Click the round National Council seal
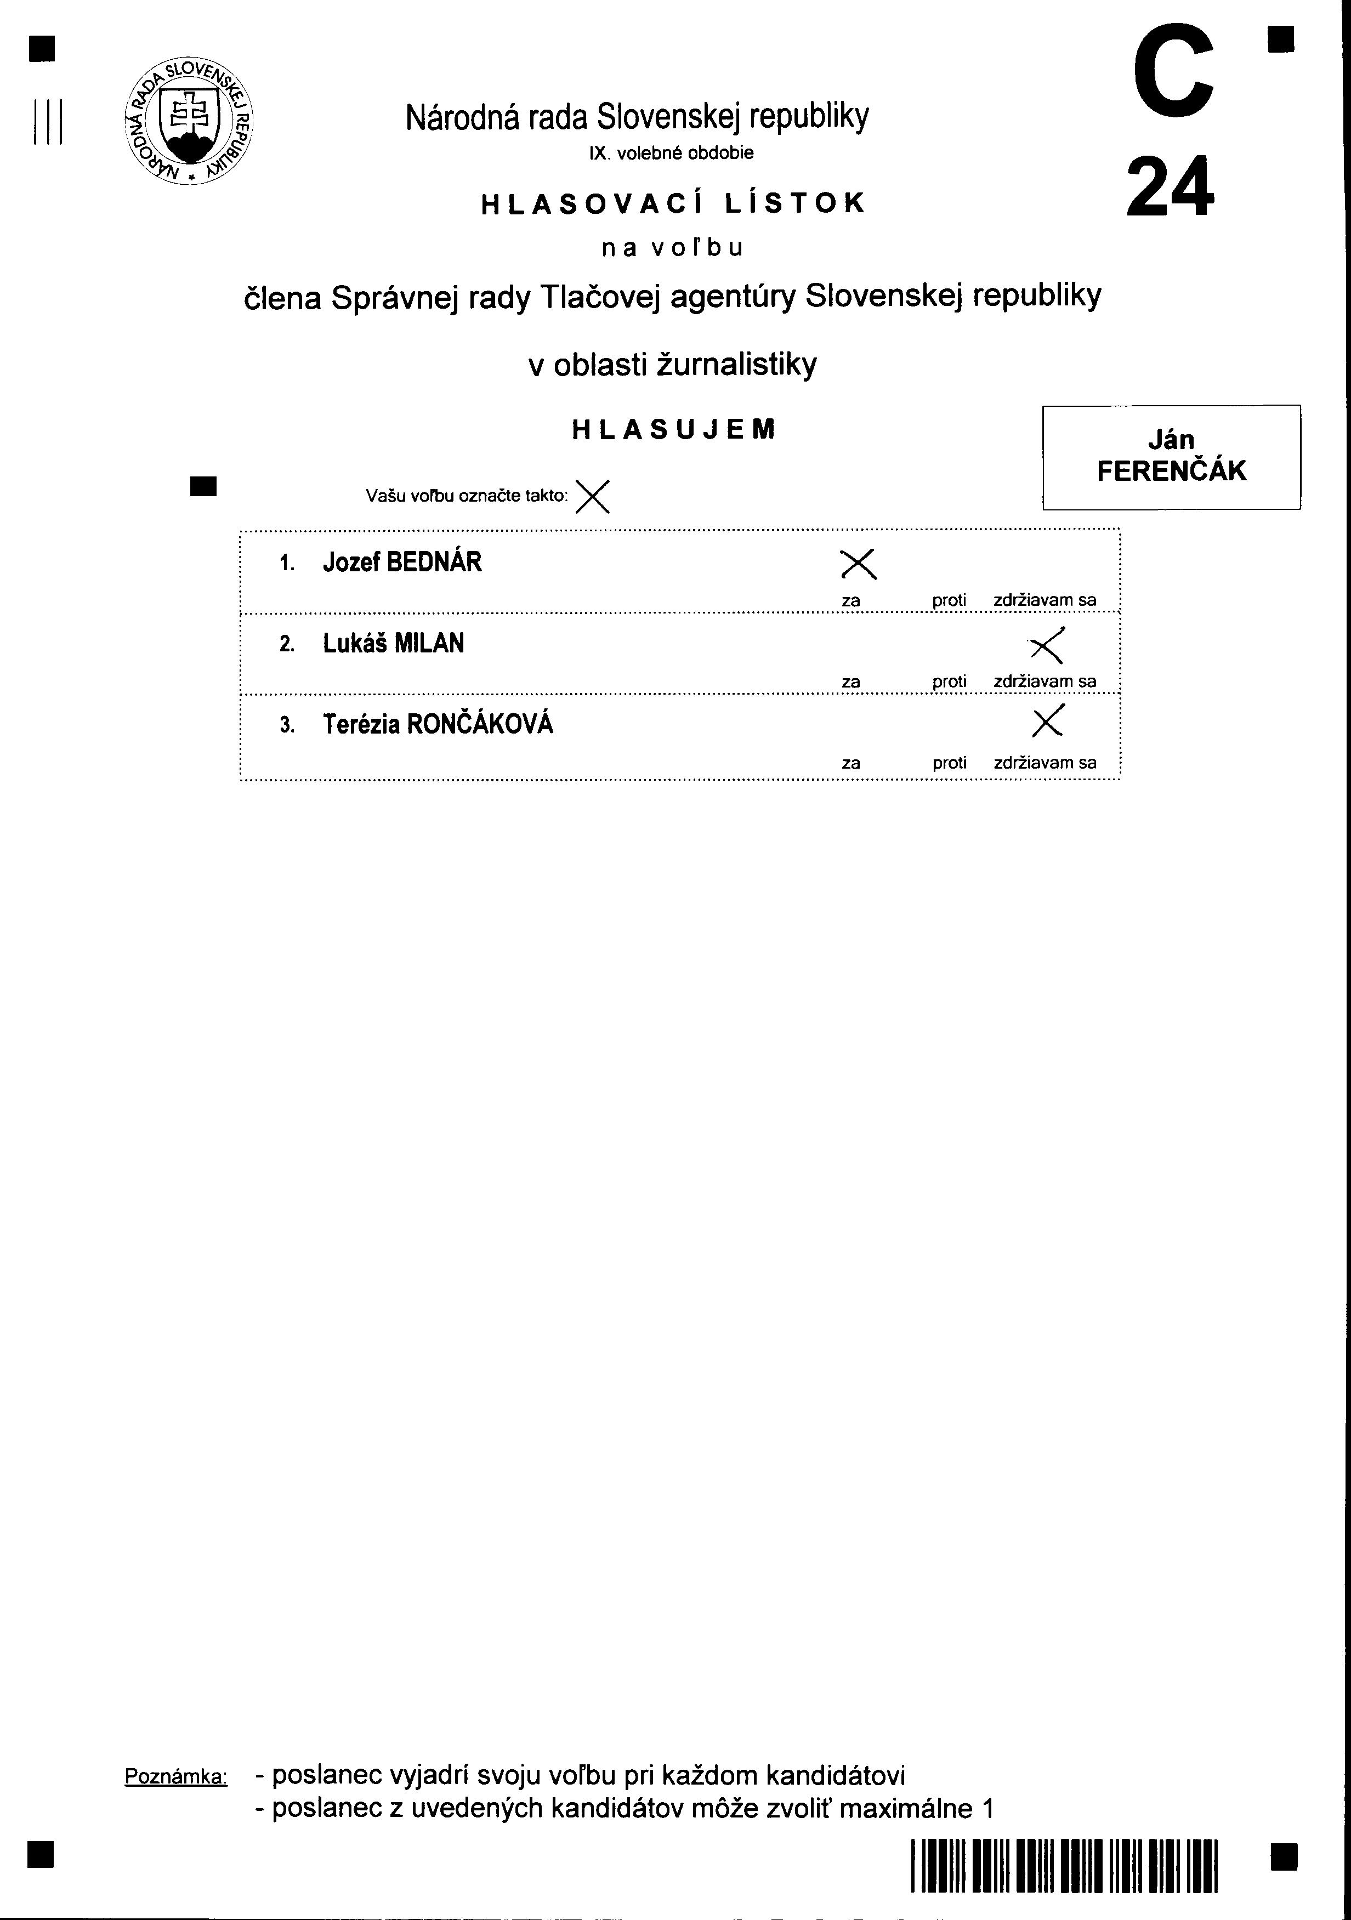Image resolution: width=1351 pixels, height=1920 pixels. pos(189,122)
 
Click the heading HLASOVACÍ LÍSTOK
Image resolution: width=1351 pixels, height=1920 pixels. pos(673,204)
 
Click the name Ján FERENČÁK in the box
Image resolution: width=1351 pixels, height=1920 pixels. pos(1171,457)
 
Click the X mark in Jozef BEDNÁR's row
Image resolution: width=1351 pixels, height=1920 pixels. pos(858,565)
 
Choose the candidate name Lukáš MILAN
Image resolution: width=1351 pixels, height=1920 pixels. pos(393,644)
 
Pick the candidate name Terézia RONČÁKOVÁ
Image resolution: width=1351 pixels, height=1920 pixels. pos(438,724)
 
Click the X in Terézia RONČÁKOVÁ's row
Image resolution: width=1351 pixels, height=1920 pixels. pos(1047,721)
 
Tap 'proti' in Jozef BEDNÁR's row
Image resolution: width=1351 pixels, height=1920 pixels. pos(950,600)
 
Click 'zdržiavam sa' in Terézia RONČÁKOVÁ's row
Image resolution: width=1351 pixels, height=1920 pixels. pos(1045,763)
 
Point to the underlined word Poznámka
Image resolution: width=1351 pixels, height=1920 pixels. pos(175,1777)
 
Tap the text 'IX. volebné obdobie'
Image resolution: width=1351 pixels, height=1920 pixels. pos(672,153)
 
